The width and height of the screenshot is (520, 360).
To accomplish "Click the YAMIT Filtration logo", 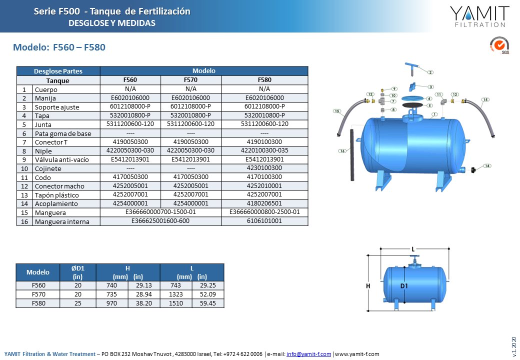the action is pyautogui.click(x=479, y=16).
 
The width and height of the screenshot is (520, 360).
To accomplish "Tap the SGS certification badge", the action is pyautogui.click(x=499, y=45).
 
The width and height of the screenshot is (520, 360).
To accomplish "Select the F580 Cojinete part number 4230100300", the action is pyautogui.click(x=264, y=168).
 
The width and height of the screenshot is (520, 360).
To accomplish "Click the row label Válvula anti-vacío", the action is pyautogui.click(x=61, y=160).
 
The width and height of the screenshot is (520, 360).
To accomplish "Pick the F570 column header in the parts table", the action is pyautogui.click(x=190, y=80).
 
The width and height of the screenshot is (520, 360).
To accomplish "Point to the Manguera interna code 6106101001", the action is pyautogui.click(x=264, y=221).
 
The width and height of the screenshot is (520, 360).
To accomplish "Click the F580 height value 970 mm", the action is pyautogui.click(x=112, y=303).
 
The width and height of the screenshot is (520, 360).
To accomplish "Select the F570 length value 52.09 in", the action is pyautogui.click(x=208, y=294).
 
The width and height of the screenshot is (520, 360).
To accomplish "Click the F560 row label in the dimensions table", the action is pyautogui.click(x=38, y=285).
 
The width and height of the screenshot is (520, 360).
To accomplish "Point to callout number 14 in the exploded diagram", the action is pyautogui.click(x=487, y=166).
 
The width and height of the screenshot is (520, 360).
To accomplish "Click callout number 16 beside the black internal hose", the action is pyautogui.click(x=342, y=151).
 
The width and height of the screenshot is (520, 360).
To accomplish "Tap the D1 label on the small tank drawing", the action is pyautogui.click(x=404, y=286).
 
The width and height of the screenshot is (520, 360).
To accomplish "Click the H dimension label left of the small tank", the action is pyautogui.click(x=368, y=286).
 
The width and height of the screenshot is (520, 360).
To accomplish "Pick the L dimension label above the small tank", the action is pyautogui.click(x=413, y=249).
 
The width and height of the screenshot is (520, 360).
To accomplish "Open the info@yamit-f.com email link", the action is pyautogui.click(x=309, y=354).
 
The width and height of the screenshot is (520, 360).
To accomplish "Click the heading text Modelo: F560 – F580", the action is pyautogui.click(x=59, y=47).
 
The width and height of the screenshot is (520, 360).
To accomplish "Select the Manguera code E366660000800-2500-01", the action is pyautogui.click(x=264, y=212).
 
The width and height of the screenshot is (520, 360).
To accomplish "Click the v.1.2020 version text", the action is pyautogui.click(x=514, y=346).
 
